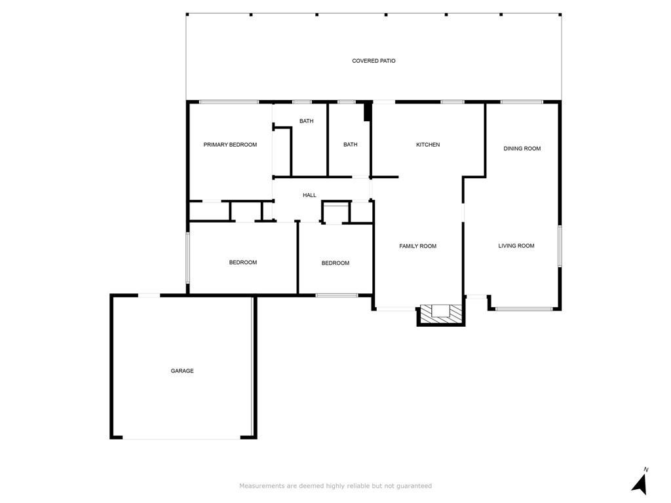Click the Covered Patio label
click(x=374, y=61)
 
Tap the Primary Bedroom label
click(x=230, y=145)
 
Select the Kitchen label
click(x=428, y=145)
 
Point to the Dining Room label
click(x=522, y=149)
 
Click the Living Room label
click(x=516, y=246)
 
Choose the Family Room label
click(x=417, y=246)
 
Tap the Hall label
click(x=309, y=195)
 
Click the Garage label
click(x=182, y=371)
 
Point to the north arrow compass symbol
click(x=640, y=484)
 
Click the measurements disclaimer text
click(x=335, y=486)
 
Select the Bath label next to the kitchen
click(x=351, y=145)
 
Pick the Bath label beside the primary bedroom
click(x=306, y=121)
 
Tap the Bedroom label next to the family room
click(x=335, y=263)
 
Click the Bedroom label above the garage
click(x=242, y=263)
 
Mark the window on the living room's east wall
click(x=560, y=246)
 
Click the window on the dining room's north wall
click(x=522, y=102)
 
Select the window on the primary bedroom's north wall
click(x=229, y=102)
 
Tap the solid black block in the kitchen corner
click(x=368, y=112)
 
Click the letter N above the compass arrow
click(x=645, y=470)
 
